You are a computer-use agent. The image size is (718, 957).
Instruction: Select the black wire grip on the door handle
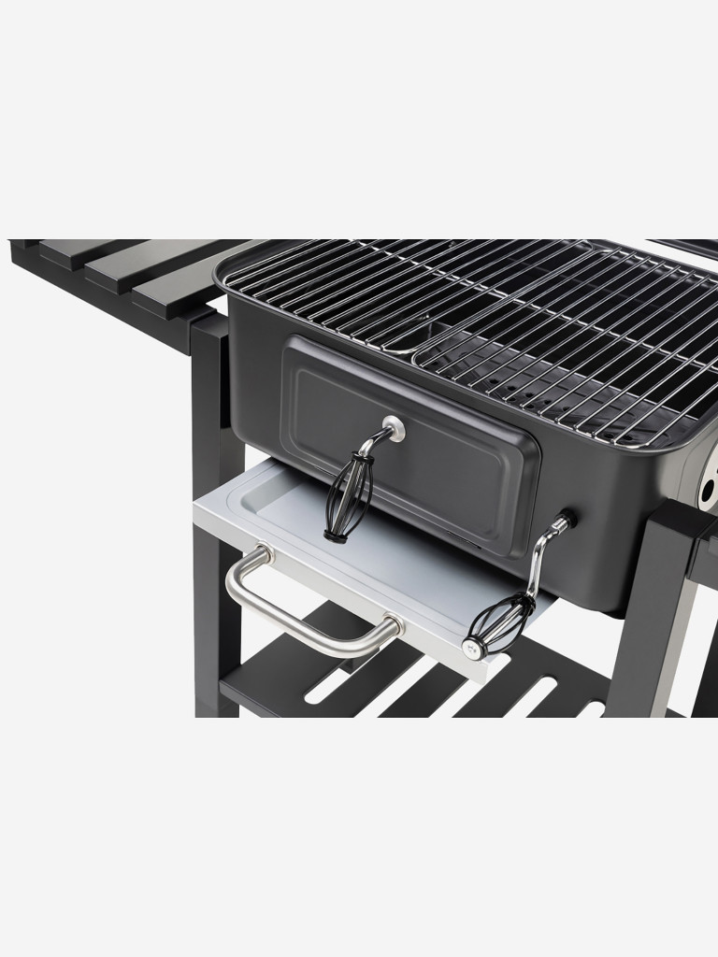coord(349,495)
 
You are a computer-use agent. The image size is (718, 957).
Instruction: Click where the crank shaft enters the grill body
coord(564,520)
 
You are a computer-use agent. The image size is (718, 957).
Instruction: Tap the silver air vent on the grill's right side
coord(711,472)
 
